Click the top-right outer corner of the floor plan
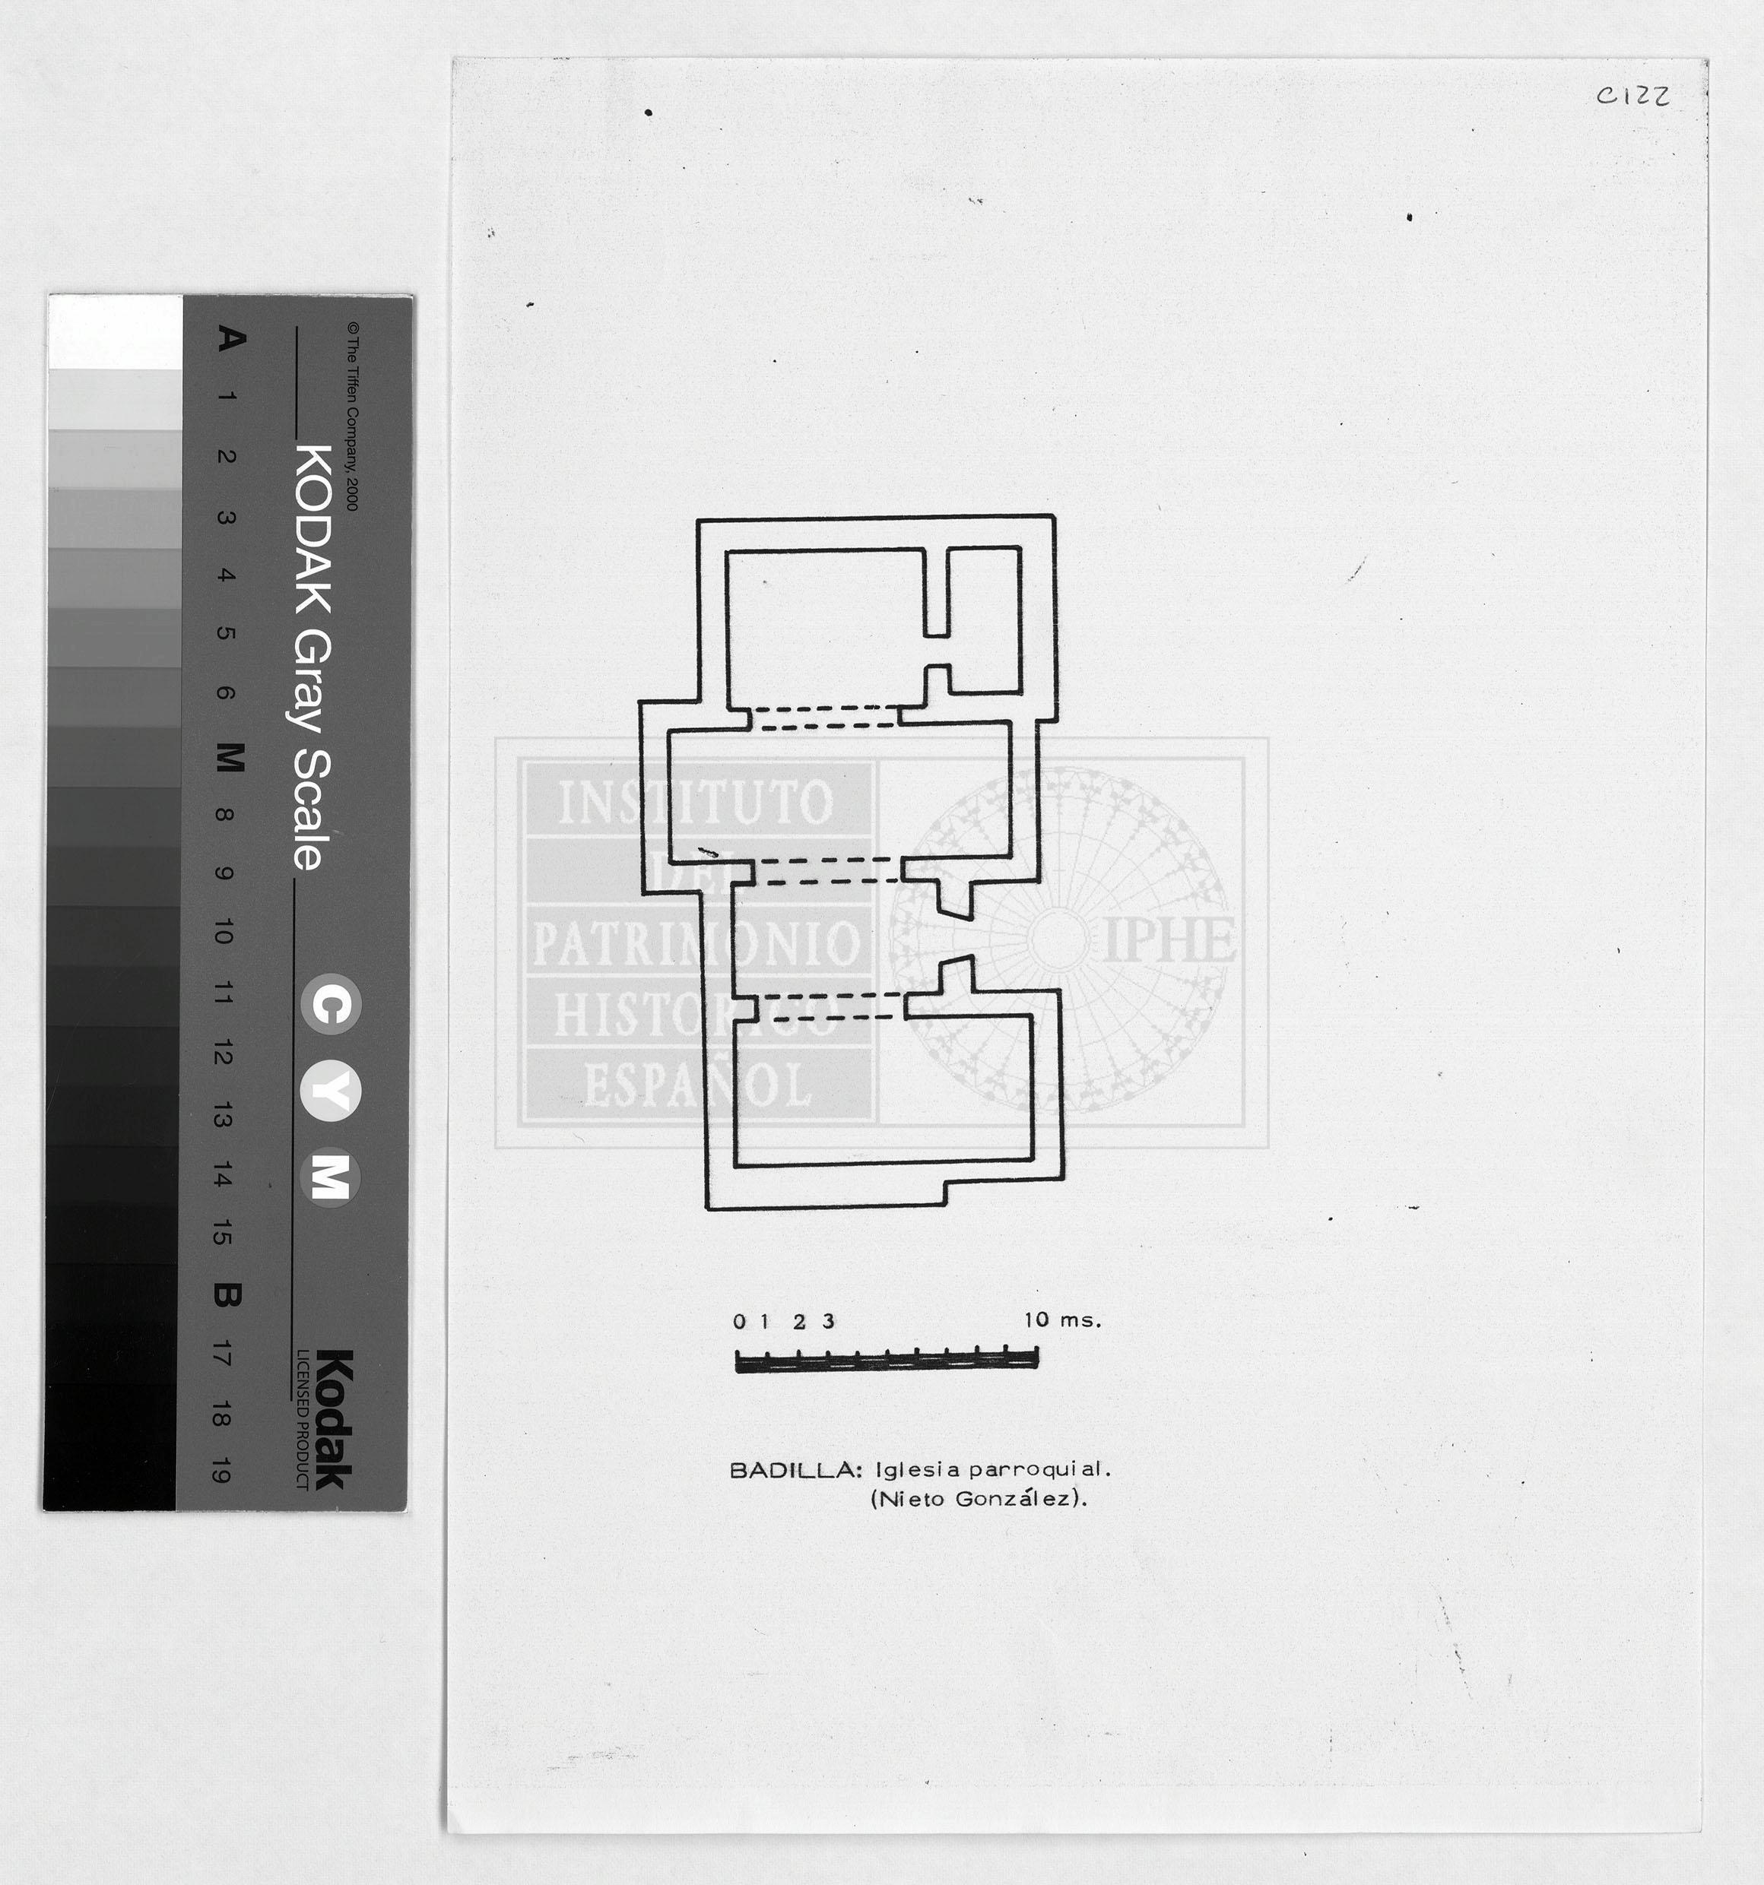click(x=1055, y=516)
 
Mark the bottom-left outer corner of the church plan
click(x=707, y=1209)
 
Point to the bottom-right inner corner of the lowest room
click(x=1033, y=1158)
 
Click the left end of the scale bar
click(x=737, y=1361)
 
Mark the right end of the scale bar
click(x=1038, y=1359)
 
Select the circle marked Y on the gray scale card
click(x=331, y=1092)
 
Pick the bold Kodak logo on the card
click(x=333, y=1419)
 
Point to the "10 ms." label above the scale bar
click(x=1062, y=1319)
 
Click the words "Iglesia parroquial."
click(x=992, y=1471)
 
